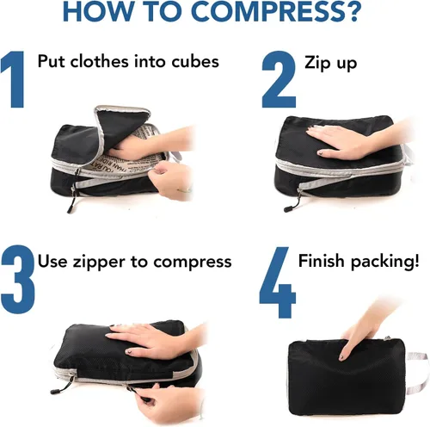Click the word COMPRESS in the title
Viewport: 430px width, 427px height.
pyautogui.click(x=263, y=11)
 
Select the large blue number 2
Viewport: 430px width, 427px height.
pyautogui.click(x=279, y=79)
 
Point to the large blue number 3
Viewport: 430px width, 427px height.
pyautogui.click(x=18, y=279)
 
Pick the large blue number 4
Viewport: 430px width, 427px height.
pyautogui.click(x=277, y=282)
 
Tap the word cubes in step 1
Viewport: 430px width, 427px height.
pyautogui.click(x=195, y=61)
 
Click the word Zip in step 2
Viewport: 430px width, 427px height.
pyautogui.click(x=316, y=63)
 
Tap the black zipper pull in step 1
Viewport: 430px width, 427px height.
pyautogui.click(x=71, y=206)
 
